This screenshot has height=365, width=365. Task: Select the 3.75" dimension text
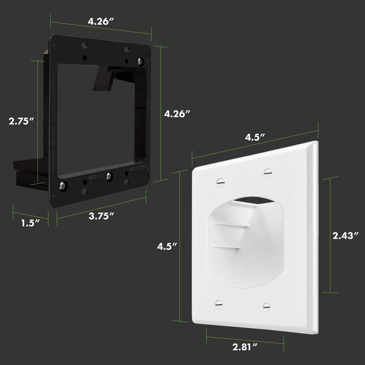102,216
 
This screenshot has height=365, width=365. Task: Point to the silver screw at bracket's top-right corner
141,60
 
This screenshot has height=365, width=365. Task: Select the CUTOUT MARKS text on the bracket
149,116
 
